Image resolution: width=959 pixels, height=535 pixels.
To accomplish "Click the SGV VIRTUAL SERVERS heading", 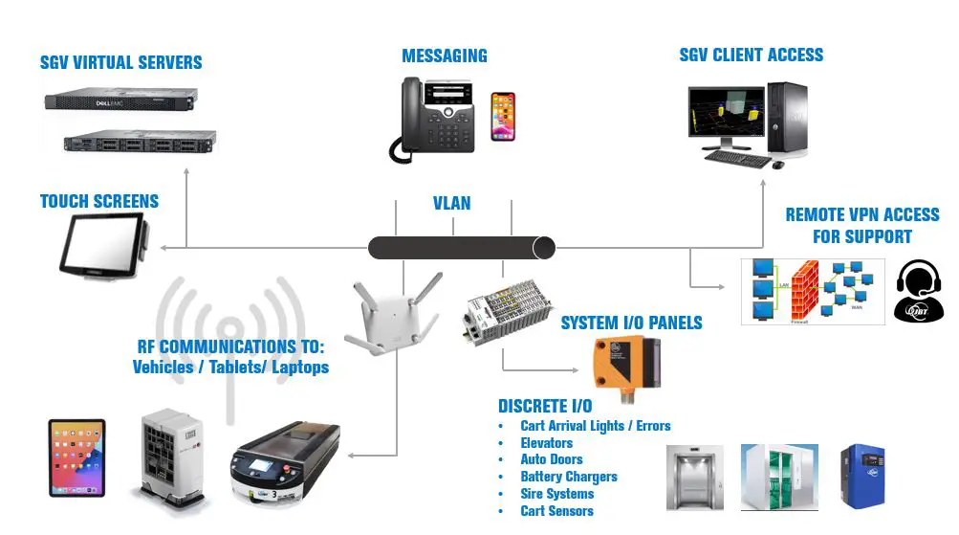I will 121,63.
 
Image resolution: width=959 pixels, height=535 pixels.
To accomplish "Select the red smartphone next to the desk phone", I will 503,117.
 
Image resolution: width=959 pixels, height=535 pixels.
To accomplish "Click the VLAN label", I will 451,204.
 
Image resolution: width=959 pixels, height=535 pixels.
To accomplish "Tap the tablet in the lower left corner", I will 77,457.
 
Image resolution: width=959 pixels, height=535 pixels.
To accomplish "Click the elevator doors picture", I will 691,475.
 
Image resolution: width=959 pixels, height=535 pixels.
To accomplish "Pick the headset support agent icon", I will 919,291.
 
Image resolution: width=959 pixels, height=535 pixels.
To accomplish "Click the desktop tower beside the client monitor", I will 791,120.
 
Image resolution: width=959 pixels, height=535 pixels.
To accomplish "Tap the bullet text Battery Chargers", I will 569,477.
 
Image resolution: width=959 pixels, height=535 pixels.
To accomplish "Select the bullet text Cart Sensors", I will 556,511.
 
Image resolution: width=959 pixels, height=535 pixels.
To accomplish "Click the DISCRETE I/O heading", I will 545,406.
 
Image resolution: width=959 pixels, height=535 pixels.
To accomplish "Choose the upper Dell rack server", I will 121,100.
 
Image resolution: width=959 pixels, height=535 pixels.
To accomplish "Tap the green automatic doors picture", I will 779,475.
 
